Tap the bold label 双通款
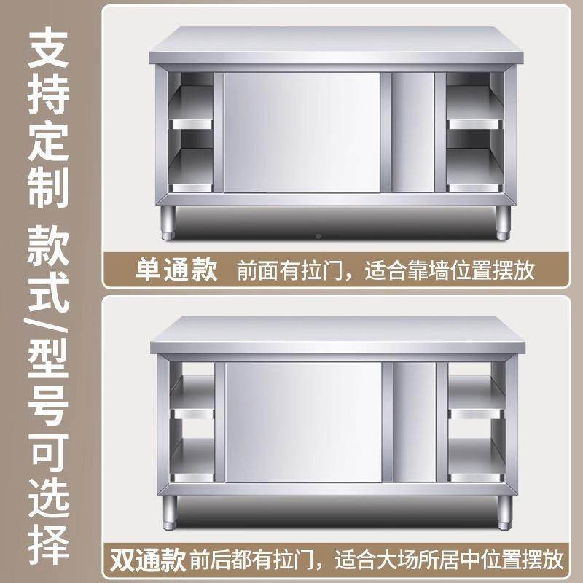point(147,561)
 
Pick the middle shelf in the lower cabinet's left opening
point(192,415)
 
